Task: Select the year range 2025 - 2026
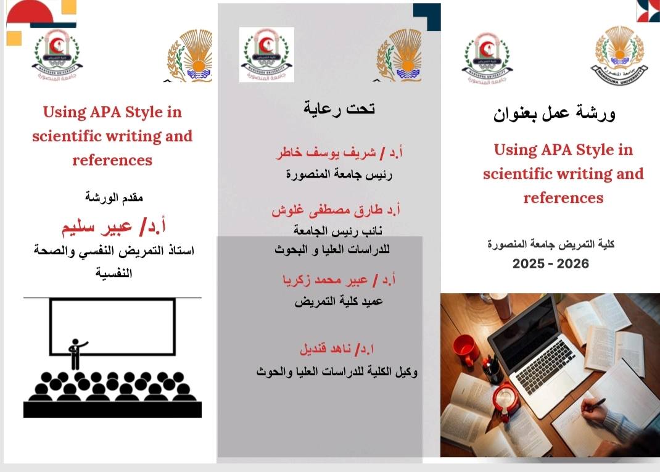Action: [551, 264]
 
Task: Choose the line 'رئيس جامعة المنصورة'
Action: [339, 175]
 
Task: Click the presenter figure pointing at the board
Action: [76, 352]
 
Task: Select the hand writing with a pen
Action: [593, 404]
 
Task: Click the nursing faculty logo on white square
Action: [266, 55]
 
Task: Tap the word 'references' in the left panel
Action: [112, 160]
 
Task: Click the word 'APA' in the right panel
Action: [555, 150]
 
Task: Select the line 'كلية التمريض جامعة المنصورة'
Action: [551, 244]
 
